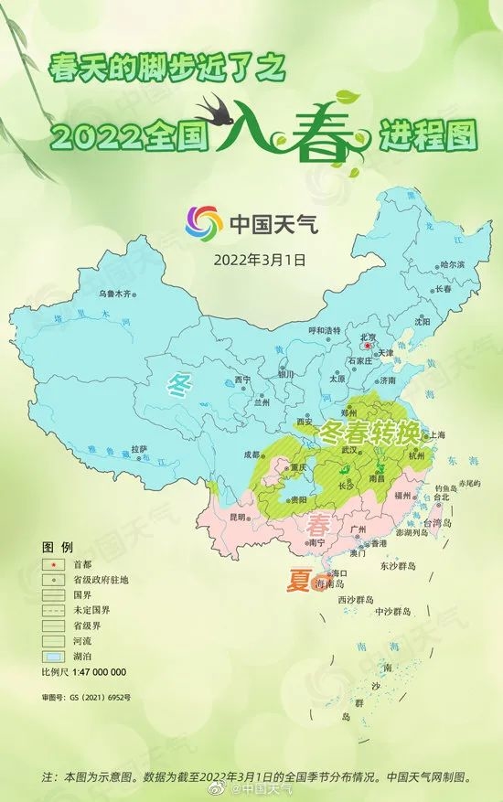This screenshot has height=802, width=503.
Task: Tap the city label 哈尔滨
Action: tap(453, 264)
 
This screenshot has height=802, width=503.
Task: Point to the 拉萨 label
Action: tap(139, 448)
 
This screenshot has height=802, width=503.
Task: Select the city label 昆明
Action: tap(238, 518)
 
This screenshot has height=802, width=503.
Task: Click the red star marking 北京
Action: tap(366, 347)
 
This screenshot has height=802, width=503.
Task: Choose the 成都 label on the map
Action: tap(252, 454)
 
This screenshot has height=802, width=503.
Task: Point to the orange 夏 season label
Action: tap(298, 582)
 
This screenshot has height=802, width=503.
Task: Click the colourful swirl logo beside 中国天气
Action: tap(204, 222)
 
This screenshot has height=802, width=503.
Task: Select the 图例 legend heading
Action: tap(57, 546)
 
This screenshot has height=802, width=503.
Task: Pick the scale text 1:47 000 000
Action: tap(95, 673)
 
